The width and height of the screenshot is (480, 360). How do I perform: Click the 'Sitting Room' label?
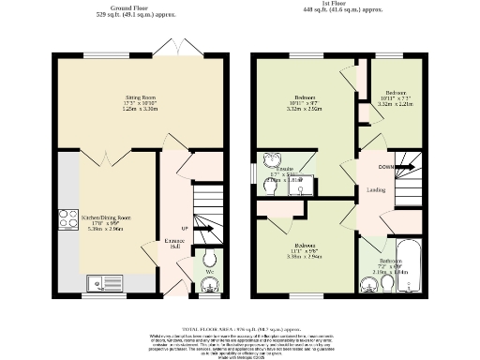(x=141, y=97)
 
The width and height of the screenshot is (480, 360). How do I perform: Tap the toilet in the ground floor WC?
(x=209, y=259)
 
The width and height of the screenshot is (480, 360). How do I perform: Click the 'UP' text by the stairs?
(x=184, y=228)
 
